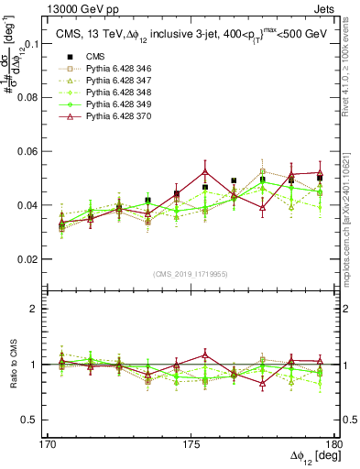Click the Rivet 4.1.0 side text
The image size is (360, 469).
click(352, 66)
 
